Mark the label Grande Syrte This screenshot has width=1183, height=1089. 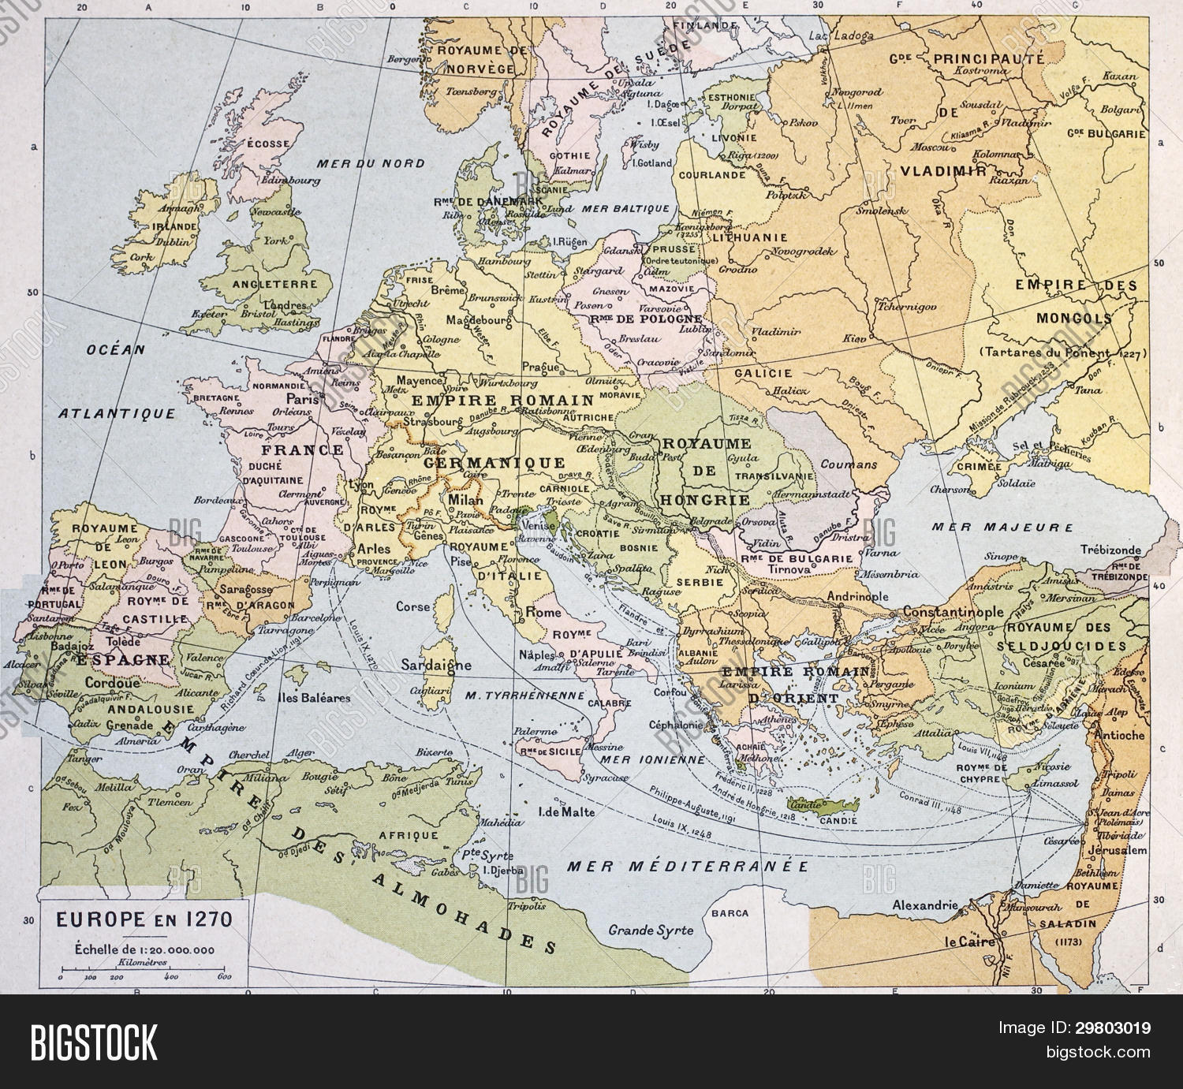tap(651, 930)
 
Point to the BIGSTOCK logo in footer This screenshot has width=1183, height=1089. tap(95, 1042)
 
